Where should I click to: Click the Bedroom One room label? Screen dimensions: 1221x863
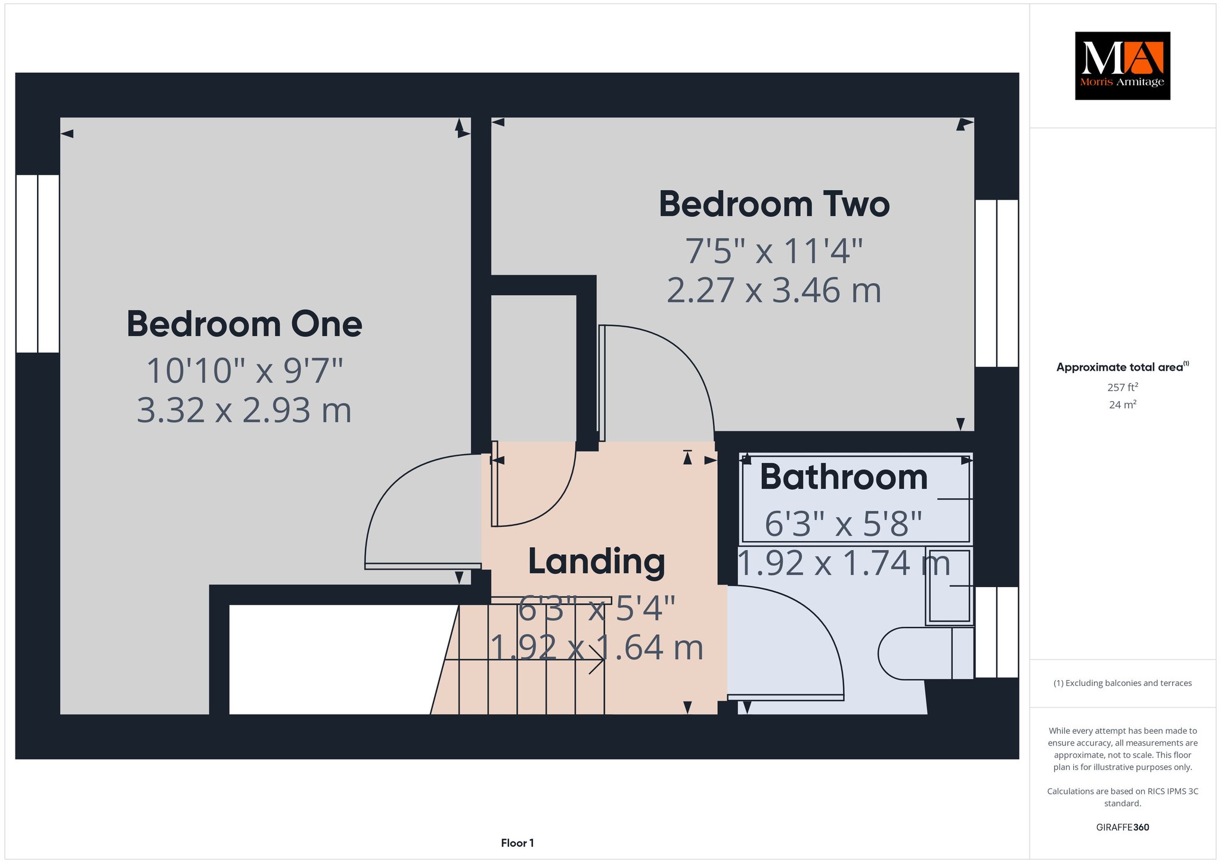pos(244,324)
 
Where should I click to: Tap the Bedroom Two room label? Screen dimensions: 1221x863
pos(774,204)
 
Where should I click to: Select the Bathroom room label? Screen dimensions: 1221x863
pos(844,477)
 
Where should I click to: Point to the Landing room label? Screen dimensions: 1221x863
pos(596,562)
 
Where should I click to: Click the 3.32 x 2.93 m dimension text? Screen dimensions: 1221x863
pos(244,411)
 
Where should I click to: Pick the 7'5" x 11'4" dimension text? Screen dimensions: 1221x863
pos(774,251)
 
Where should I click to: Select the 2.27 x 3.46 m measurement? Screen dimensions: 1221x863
pos(774,291)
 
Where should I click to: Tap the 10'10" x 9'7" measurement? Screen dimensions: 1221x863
pos(244,371)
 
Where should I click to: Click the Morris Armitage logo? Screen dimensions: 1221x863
pos(1122,66)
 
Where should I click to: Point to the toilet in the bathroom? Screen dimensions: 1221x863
pos(925,653)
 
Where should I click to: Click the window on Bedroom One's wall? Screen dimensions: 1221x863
pos(38,263)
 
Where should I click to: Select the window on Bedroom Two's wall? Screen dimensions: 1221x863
pos(996,283)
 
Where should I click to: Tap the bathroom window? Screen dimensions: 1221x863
pos(996,632)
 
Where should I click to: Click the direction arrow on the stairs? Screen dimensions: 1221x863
pos(525,660)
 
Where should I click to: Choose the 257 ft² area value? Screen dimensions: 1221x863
pos(1123,387)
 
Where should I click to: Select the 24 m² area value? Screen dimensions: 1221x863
pos(1123,405)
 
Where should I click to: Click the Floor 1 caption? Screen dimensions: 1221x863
pos(517,843)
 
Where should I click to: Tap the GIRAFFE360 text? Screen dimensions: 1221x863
pos(1123,827)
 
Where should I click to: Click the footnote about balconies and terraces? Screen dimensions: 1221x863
pos(1123,683)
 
